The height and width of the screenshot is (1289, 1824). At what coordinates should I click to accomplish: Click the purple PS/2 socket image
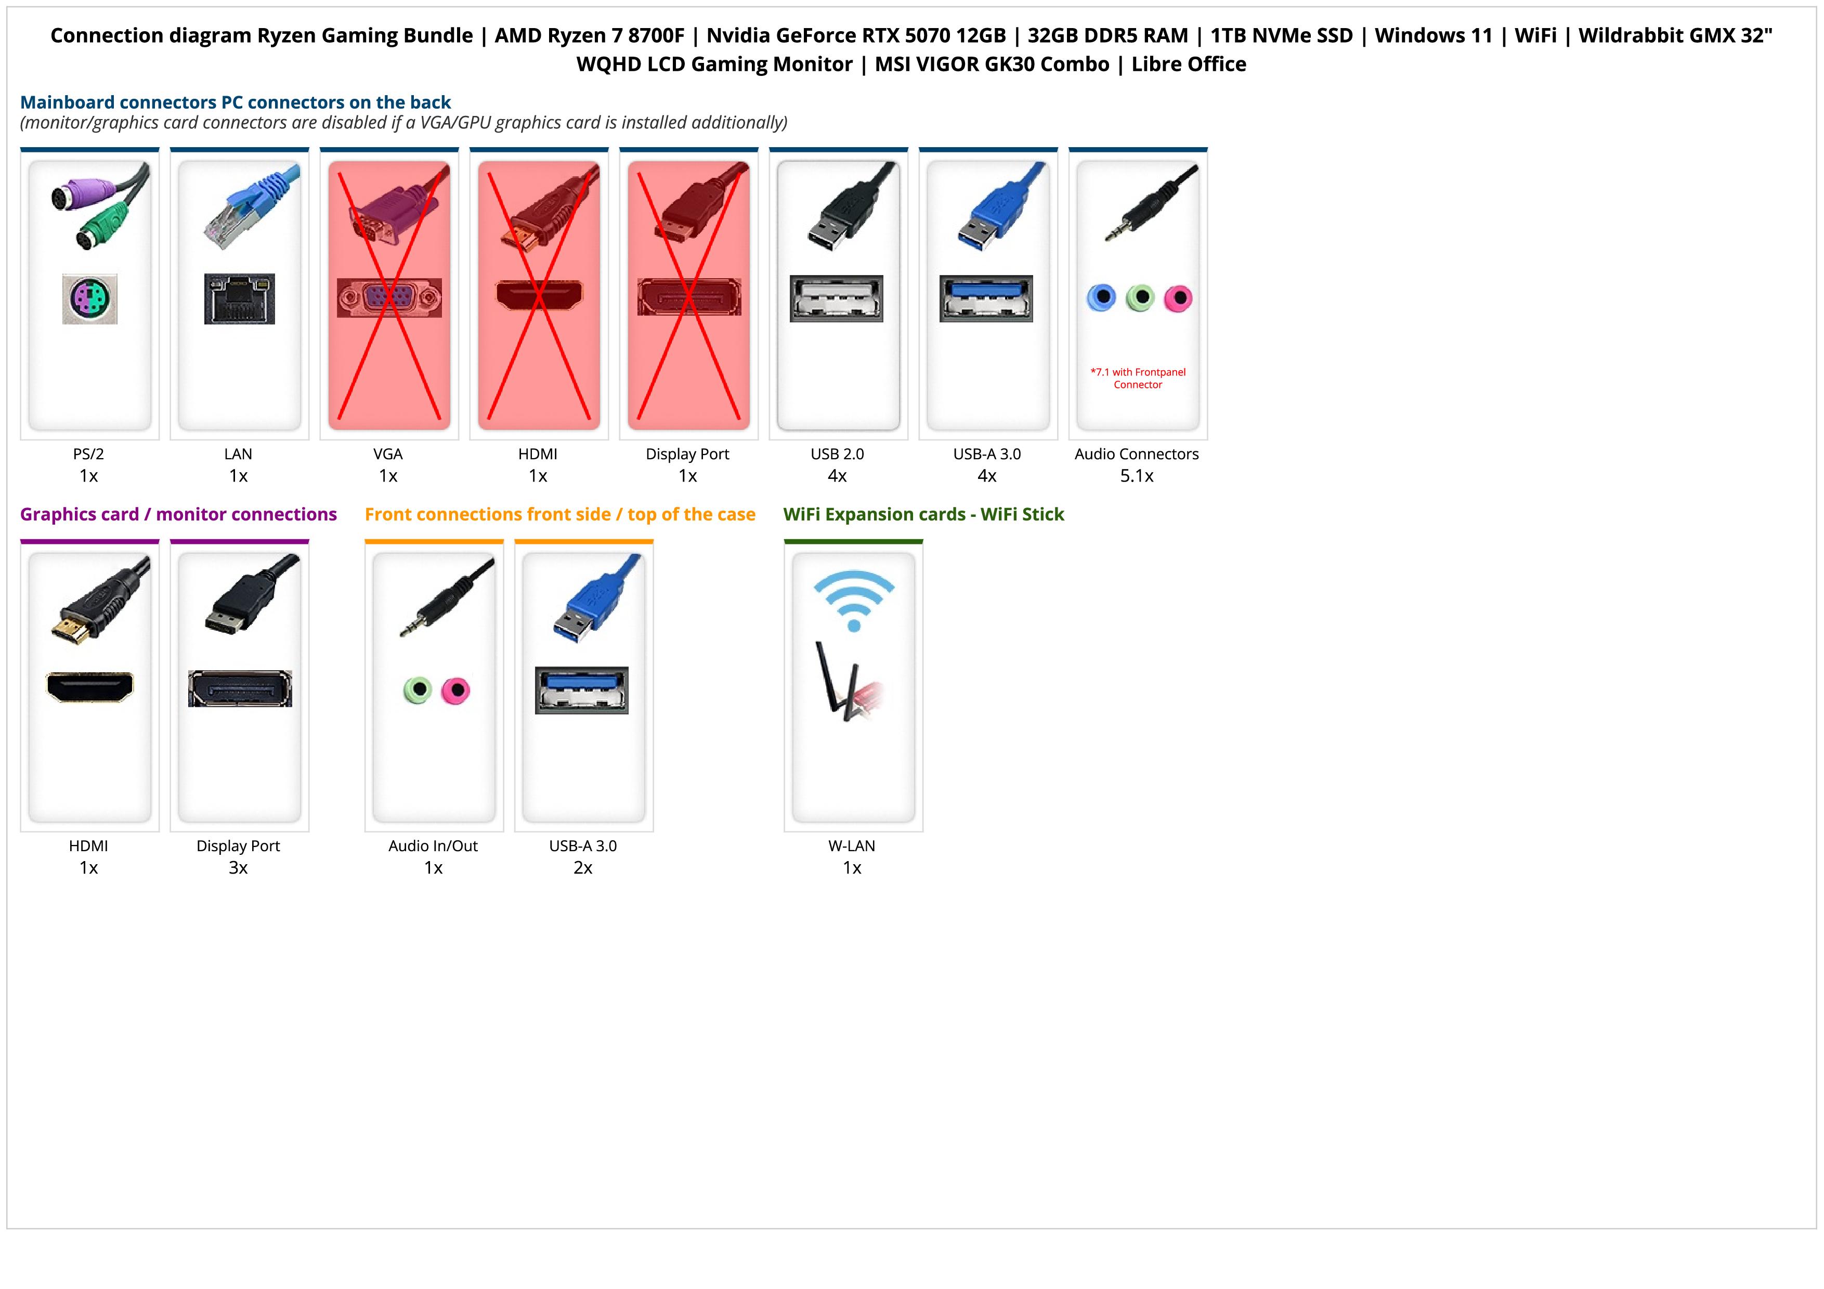pos(90,298)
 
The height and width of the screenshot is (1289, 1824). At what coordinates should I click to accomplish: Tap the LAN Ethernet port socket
pos(239,298)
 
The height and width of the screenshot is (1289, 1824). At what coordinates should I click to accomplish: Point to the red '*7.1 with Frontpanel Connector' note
pos(1138,378)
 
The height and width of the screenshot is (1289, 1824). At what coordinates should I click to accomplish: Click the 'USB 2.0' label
pos(837,454)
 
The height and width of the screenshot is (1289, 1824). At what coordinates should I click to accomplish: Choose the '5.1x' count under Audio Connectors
pos(1137,476)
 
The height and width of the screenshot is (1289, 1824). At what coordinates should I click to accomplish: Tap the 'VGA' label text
pos(388,454)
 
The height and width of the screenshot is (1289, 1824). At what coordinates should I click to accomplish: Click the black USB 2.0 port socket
pos(837,298)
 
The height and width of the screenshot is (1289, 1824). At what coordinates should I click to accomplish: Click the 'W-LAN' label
pos(852,846)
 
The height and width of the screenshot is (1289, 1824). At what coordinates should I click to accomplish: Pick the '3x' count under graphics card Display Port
pos(238,867)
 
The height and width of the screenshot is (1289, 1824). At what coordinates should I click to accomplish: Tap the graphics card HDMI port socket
pos(90,687)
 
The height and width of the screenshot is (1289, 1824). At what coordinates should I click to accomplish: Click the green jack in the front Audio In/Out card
pos(417,690)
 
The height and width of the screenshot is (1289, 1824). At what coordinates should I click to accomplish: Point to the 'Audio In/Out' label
pos(433,846)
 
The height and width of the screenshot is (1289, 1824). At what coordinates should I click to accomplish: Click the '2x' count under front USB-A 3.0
pos(583,867)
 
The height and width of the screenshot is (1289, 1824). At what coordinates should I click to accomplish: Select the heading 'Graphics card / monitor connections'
pos(179,515)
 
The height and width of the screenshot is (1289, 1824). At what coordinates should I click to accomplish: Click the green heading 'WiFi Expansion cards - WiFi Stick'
pos(923,515)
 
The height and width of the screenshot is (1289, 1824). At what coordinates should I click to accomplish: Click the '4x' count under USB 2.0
pos(837,476)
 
